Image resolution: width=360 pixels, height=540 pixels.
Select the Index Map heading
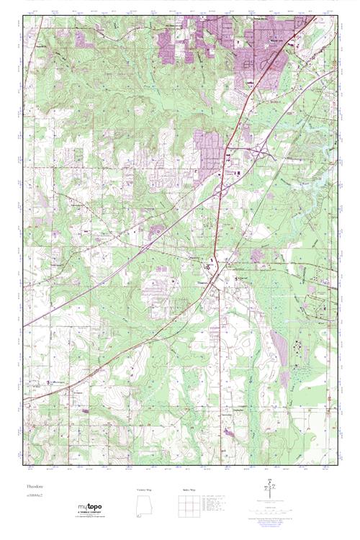(187, 489)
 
